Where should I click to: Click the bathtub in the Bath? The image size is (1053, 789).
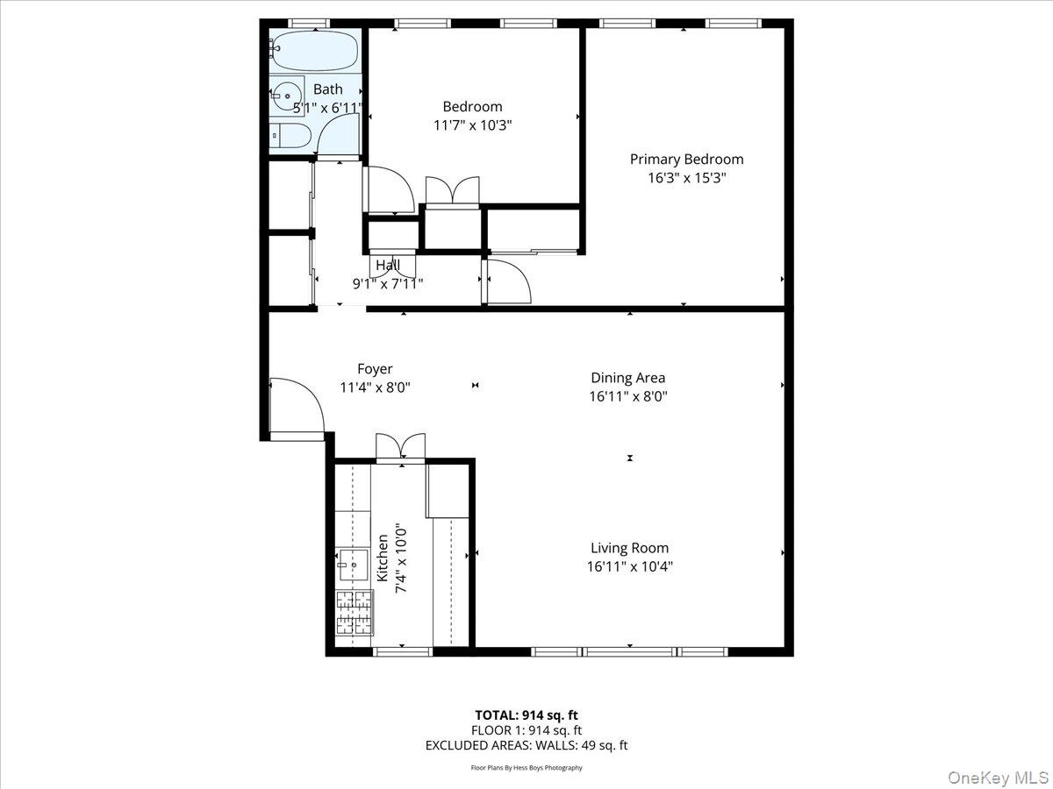[x=313, y=51]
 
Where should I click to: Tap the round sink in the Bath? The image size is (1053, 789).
[x=285, y=96]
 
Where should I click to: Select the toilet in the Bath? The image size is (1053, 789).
[x=290, y=135]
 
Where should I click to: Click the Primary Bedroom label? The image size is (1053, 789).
[x=686, y=160]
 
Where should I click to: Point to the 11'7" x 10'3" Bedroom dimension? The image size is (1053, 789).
[x=472, y=125]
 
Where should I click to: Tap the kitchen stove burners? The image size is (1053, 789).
[x=355, y=612]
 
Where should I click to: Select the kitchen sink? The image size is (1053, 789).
[x=354, y=565]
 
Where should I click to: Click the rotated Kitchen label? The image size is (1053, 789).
[x=383, y=558]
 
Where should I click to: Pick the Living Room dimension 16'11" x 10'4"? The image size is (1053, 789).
[x=629, y=566]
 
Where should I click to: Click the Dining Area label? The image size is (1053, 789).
[x=627, y=378]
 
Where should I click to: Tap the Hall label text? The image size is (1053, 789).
[x=388, y=266]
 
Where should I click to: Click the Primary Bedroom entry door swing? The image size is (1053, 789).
[x=508, y=281]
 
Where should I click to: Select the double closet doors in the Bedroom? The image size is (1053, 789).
[x=452, y=191]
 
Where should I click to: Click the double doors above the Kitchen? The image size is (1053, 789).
[x=400, y=446]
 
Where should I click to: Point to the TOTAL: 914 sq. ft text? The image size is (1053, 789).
[x=526, y=714]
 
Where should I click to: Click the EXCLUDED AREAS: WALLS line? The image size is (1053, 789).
[x=526, y=745]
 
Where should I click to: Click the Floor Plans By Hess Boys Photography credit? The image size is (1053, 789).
[x=526, y=768]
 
